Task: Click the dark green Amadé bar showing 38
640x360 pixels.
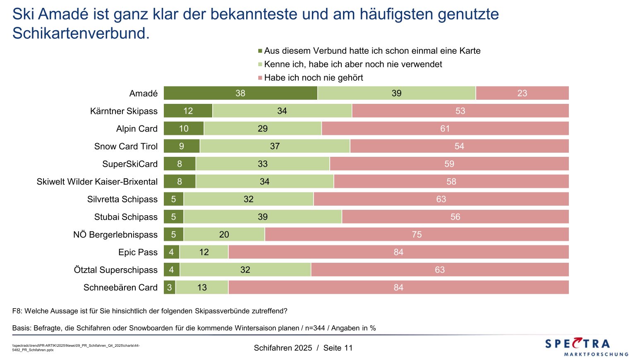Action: (x=240, y=93)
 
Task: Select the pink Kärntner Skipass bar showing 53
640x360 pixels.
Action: (x=460, y=111)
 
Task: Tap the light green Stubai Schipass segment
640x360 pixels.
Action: (x=263, y=217)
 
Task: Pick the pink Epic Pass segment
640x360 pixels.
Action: (x=398, y=252)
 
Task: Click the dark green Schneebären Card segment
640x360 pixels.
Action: (x=170, y=288)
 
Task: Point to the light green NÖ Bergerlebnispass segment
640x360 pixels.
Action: (x=224, y=235)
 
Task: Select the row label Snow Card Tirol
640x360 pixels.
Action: (x=126, y=146)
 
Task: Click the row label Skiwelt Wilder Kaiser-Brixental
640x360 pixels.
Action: (x=97, y=182)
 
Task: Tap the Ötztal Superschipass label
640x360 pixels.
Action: (x=116, y=270)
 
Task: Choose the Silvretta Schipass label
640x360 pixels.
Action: (x=122, y=199)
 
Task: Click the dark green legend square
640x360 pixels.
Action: (x=260, y=51)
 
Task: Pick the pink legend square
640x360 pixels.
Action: (x=260, y=78)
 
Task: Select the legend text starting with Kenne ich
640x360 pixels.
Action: (x=353, y=64)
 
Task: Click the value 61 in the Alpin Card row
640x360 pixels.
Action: (x=445, y=129)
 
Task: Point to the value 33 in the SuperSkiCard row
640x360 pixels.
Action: (x=263, y=164)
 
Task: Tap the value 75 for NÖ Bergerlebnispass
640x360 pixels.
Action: (x=417, y=235)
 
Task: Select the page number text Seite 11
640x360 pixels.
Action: (x=338, y=348)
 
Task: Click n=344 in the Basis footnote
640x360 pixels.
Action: (x=315, y=328)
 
